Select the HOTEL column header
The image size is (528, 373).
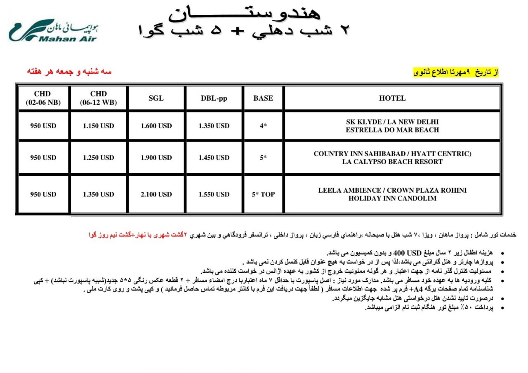click(392, 98)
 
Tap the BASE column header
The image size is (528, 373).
click(263, 98)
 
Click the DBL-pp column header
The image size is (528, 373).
click(214, 98)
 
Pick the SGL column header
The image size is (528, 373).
click(156, 98)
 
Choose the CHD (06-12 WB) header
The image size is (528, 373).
click(98, 98)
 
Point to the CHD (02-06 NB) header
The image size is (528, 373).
click(43, 98)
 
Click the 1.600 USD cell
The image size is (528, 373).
click(156, 126)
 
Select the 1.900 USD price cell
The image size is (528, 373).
click(156, 158)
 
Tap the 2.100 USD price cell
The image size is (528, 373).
click(156, 194)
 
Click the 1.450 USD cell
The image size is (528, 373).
click(214, 158)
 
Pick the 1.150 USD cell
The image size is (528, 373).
click(98, 126)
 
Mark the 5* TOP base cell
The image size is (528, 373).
click(263, 194)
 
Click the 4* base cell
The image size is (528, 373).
click(263, 126)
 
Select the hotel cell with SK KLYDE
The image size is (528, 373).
click(392, 126)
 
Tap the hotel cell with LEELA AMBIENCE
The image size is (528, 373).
click(392, 194)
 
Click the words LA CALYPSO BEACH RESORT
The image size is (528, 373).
click(392, 162)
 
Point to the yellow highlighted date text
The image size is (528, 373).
click(456, 72)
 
